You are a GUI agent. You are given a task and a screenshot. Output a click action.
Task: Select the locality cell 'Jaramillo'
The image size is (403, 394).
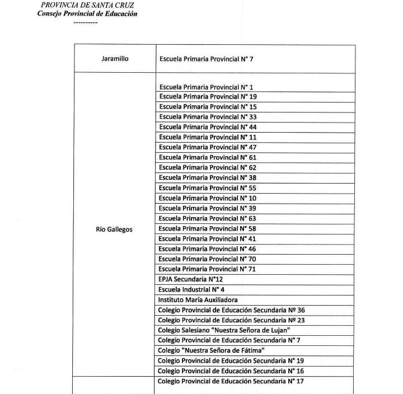pos(114,58)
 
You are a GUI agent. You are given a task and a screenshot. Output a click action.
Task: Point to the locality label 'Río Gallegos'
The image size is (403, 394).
pos(114,229)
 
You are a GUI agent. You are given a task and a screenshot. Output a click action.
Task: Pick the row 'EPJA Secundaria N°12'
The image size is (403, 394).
pos(191,279)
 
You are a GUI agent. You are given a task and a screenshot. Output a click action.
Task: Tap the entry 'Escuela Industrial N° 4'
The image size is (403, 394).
pos(191,289)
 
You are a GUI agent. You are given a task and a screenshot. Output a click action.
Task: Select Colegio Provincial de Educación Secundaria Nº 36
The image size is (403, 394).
pos(231,310)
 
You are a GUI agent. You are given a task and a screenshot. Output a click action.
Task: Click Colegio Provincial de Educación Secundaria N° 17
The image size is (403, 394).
pos(231,381)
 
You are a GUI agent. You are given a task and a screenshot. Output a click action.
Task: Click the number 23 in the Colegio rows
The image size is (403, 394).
pos(299,320)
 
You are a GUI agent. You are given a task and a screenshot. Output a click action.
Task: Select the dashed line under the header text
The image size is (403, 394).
pos(86,22)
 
